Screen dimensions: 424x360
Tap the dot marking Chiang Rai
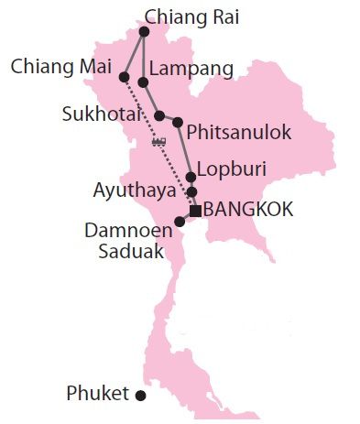[144, 32]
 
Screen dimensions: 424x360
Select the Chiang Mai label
[61, 67]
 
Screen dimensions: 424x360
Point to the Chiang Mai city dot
[124, 77]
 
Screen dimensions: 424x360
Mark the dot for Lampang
[143, 83]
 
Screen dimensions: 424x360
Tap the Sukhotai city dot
[159, 116]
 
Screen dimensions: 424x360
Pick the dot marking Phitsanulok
[179, 122]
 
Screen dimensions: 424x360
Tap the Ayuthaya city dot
[191, 191]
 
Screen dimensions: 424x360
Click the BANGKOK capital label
[249, 210]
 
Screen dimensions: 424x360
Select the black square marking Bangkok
[195, 211]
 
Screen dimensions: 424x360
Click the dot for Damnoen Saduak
[180, 222]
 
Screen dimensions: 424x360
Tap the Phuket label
[97, 394]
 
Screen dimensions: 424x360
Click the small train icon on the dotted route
[158, 141]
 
